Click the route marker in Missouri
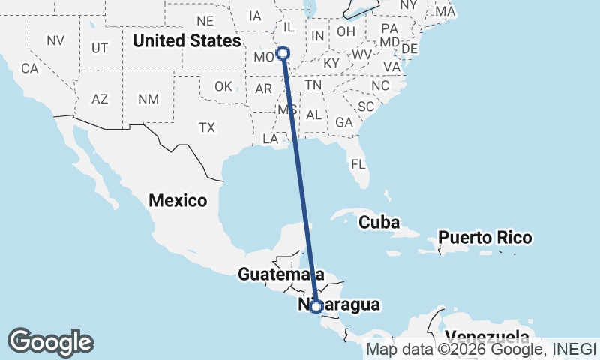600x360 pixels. [283, 52]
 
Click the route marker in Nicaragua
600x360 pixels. [316, 306]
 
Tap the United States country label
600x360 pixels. [187, 40]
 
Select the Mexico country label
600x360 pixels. [178, 200]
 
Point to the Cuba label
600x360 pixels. [379, 223]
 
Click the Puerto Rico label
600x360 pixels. [485, 238]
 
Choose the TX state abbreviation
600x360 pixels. [207, 128]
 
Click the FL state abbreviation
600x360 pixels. [358, 163]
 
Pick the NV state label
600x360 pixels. [55, 40]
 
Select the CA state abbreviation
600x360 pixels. [29, 68]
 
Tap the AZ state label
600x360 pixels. [100, 99]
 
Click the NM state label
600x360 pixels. [148, 99]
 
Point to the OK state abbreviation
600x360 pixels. [223, 86]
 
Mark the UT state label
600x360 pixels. [100, 48]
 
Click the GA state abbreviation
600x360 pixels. [344, 122]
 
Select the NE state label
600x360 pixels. [205, 21]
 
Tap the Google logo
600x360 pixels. [50, 342]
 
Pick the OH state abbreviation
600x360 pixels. [346, 31]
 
